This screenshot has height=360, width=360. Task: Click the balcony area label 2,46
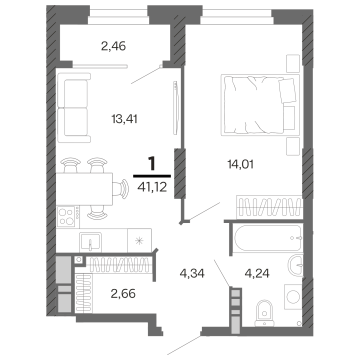pos(113,47)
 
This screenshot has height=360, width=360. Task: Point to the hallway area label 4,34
pos(193,273)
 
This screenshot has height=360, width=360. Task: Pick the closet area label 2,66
pos(122,292)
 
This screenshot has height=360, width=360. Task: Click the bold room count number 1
pos(152,163)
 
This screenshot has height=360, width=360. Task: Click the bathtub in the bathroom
pos(267,238)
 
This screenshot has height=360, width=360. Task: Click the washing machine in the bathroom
pos(292,296)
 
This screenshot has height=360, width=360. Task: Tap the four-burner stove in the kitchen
pos(68,216)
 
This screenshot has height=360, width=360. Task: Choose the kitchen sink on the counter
pos(90,242)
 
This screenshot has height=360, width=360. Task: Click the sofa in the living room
pos(74,107)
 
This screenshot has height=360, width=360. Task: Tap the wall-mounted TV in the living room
pos(175,107)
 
